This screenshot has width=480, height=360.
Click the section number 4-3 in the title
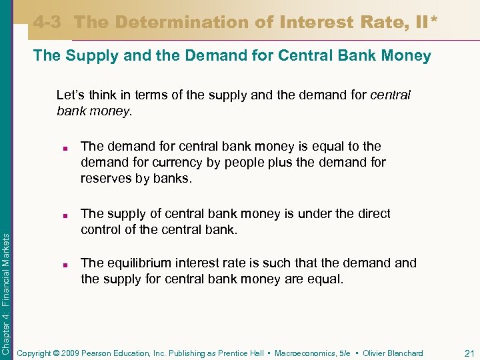click(47, 22)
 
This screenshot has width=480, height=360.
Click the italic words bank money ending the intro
click(94, 111)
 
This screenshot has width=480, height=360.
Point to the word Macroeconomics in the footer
click(306, 353)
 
